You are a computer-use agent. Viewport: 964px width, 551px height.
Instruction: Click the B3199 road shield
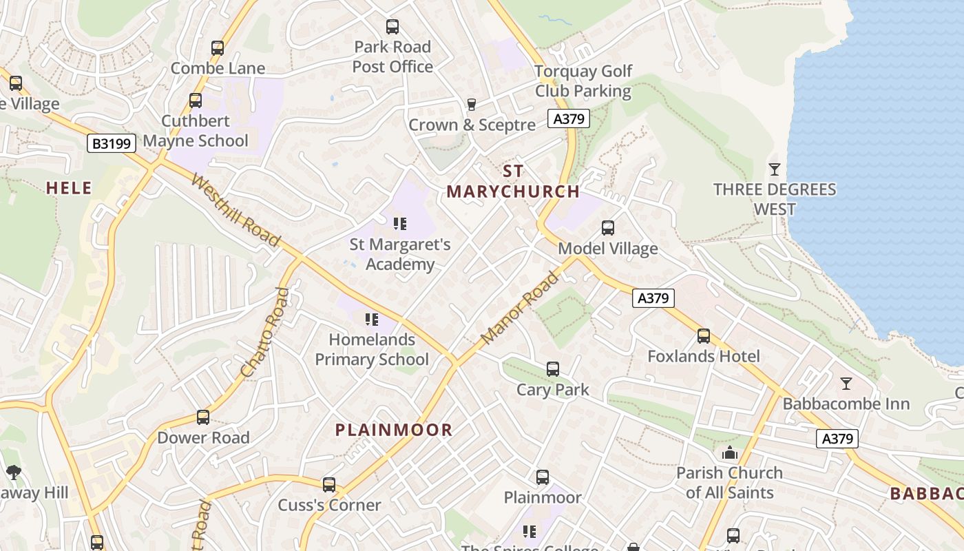point(110,143)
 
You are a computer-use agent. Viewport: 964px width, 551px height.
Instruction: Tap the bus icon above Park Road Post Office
point(392,27)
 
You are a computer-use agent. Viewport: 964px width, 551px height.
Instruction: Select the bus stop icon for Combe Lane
point(218,48)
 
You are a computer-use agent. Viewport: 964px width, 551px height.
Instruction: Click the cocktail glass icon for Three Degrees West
point(775,169)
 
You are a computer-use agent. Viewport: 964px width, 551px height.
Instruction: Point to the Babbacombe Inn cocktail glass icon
point(846,384)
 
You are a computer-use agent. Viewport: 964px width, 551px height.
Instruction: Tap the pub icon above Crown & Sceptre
point(472,104)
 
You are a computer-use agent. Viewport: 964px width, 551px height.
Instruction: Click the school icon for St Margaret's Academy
point(400,224)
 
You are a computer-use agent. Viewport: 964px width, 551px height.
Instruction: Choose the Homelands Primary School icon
point(372,319)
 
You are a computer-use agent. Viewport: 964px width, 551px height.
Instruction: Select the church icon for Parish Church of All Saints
point(729,453)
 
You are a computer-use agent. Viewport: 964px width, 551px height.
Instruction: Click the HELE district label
point(69,188)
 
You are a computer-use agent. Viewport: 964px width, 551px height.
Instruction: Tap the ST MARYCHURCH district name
point(513,182)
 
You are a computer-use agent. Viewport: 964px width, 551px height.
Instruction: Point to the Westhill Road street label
point(235,211)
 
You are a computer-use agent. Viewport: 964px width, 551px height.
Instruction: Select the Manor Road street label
point(520,309)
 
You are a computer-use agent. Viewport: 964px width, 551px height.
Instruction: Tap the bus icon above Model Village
point(607,227)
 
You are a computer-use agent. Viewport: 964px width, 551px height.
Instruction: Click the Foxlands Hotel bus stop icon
point(703,336)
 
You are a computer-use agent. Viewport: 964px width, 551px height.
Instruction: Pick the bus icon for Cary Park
point(553,369)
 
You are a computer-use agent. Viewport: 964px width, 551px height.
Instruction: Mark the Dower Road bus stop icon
point(202,417)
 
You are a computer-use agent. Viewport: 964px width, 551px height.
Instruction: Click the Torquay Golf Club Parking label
point(583,81)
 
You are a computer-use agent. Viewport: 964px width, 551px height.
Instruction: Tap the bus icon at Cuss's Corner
point(329,485)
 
